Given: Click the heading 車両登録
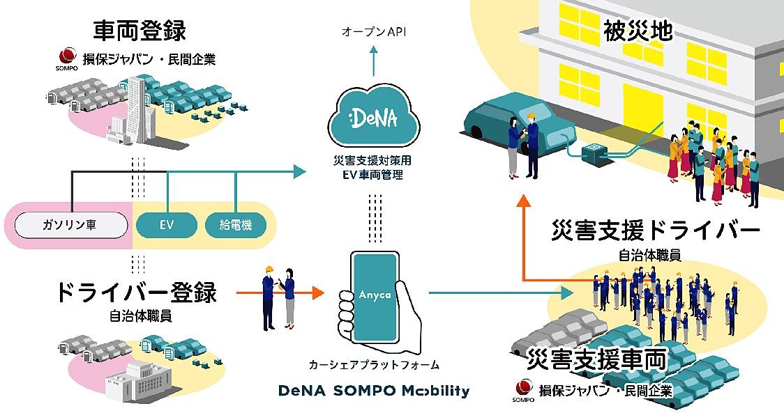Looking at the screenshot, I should point(140,31).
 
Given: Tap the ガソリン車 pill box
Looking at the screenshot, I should point(72,224).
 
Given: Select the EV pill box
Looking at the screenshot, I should point(165,224).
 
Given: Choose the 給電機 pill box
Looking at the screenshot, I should point(236,224).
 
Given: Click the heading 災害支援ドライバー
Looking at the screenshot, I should point(654,232).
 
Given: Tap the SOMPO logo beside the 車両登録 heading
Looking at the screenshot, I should point(67,58).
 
